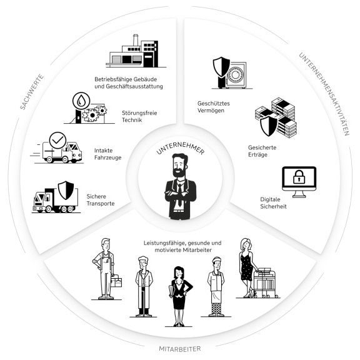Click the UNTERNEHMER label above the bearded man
coord(180,148)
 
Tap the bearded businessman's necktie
coord(180,194)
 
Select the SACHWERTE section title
coord(32,92)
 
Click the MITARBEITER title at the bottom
coord(180,349)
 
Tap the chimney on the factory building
coord(136,40)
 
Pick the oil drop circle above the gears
coord(81,101)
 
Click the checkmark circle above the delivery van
coord(57,140)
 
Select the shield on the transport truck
coord(66,190)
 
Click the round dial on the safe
coord(235,75)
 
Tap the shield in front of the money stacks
coord(269,126)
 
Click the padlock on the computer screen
coord(299,176)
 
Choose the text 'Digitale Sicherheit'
coord(273,202)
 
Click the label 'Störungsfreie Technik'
coord(139,116)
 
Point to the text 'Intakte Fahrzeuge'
coord(107,154)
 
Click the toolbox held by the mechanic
coord(116,281)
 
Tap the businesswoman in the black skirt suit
coord(179,296)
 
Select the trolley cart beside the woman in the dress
coord(266,282)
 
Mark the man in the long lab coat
coord(144,286)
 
